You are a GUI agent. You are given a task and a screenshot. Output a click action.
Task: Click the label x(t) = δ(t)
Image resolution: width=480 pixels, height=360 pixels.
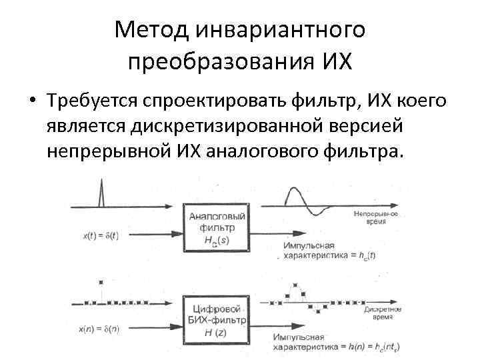click(x=101, y=235)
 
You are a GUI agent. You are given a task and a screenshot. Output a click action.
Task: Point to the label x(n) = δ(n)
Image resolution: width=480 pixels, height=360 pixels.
click(x=101, y=329)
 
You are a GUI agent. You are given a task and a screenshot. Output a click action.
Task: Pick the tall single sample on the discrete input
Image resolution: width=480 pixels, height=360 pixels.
click(x=100, y=283)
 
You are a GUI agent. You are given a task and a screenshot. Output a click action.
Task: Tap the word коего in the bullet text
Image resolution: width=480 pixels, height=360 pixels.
click(x=420, y=102)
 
